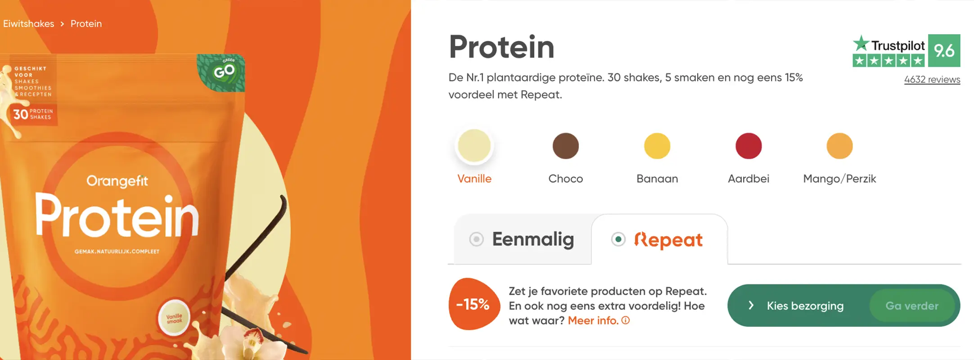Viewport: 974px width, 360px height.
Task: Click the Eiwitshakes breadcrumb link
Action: (28, 24)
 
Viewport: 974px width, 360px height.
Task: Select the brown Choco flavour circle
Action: (565, 146)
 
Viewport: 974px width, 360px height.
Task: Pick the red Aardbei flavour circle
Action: (748, 146)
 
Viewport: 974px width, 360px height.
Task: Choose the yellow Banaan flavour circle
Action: (657, 146)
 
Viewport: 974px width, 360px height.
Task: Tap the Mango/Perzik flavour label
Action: (839, 179)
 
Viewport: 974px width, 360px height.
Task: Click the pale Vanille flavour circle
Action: (474, 146)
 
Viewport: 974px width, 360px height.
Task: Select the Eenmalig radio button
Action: (476, 239)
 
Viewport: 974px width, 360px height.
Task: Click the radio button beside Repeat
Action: (618, 239)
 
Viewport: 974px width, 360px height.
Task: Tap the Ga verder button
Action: (911, 306)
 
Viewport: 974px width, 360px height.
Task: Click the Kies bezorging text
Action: (805, 306)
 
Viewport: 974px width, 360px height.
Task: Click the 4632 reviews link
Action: (932, 80)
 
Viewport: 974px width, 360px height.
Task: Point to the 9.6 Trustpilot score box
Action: (944, 50)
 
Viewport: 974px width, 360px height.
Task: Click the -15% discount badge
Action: (473, 304)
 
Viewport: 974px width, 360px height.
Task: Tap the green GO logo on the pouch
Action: (222, 72)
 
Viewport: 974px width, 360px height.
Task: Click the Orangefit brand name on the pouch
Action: (117, 181)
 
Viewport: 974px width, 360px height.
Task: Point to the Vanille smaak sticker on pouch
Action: (174, 318)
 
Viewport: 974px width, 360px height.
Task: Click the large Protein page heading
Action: (501, 47)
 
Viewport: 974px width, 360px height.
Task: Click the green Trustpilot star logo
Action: (861, 44)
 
